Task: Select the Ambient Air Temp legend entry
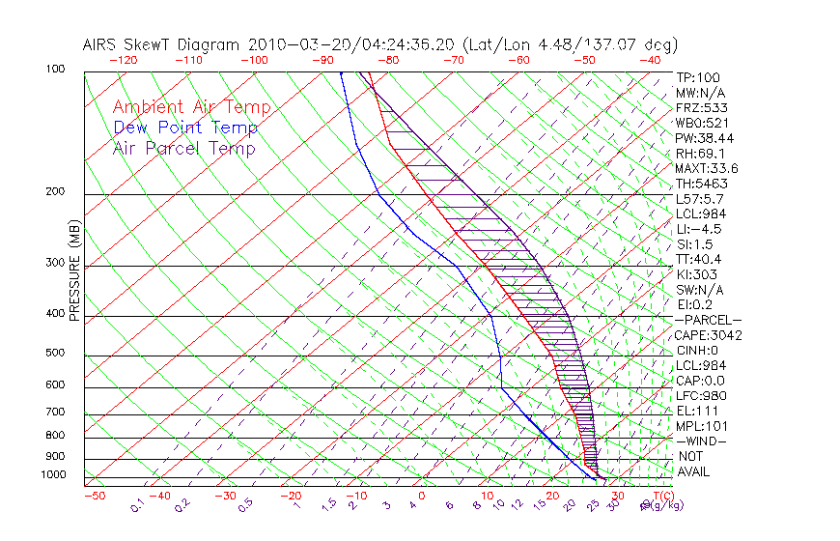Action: (x=191, y=107)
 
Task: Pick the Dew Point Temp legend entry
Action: (x=185, y=128)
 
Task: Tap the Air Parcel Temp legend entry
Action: (x=184, y=148)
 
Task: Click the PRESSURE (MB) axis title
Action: (x=74, y=275)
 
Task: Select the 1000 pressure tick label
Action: (x=54, y=475)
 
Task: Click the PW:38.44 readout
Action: (x=704, y=138)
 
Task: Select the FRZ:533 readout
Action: (x=702, y=108)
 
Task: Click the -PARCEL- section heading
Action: (x=708, y=320)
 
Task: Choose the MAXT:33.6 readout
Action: (x=708, y=168)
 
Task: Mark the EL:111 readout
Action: (x=697, y=411)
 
